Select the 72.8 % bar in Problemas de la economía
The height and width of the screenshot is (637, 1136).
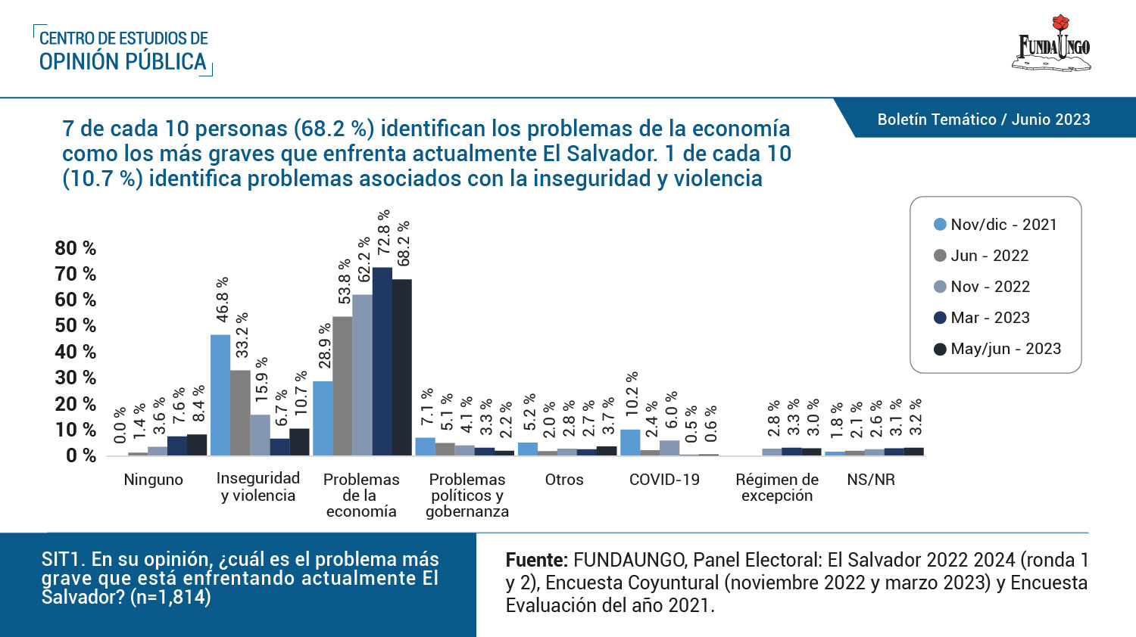382,362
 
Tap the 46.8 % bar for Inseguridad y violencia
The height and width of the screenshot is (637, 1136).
220,395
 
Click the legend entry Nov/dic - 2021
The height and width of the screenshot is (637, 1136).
995,225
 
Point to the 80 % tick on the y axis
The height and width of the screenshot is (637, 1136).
76,248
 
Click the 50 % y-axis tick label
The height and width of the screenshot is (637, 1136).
76,326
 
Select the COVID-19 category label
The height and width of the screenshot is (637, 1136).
664,480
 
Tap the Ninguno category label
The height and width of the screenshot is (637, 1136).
153,480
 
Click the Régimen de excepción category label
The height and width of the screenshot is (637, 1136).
777,488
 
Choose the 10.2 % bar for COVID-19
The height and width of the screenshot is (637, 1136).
630,443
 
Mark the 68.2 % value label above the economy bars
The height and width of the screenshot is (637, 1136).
404,244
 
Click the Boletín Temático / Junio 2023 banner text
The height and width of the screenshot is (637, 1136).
983,120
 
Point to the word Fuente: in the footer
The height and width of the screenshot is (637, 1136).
536,561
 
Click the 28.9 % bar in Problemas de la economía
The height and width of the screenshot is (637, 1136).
323,418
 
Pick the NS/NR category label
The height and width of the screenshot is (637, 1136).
871,480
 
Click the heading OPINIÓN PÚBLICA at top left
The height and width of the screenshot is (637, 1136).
123,62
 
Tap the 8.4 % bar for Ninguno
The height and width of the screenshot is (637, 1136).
197,445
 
